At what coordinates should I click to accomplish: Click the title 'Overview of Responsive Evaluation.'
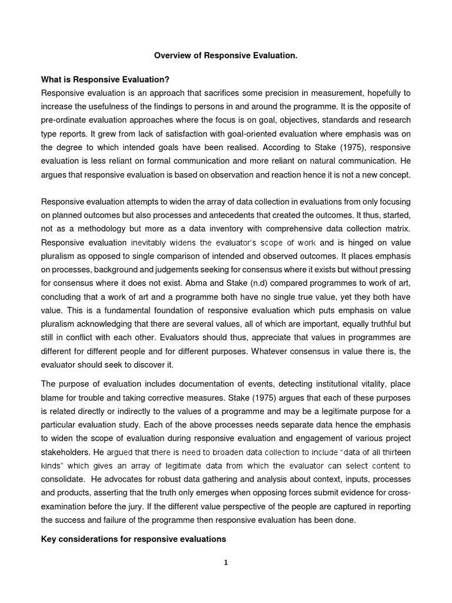[225, 55]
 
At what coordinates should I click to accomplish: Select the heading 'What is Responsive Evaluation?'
[105, 80]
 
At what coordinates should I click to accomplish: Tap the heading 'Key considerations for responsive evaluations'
[134, 539]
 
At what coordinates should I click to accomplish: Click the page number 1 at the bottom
[225, 562]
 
